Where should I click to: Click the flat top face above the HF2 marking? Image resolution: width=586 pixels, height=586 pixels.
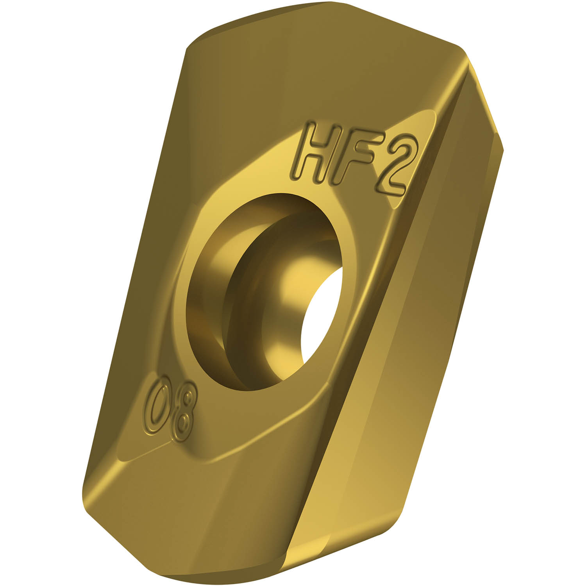coord(313,78)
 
